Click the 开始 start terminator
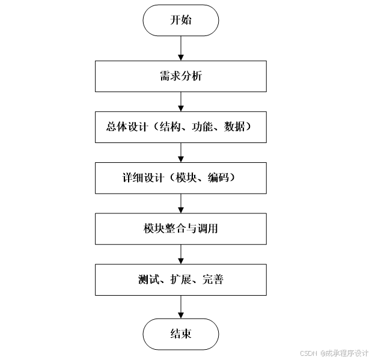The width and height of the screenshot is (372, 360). [x=180, y=20]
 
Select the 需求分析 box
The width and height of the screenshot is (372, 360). [x=180, y=76]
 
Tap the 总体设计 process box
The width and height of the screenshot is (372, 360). [x=180, y=127]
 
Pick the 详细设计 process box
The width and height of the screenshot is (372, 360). [x=180, y=177]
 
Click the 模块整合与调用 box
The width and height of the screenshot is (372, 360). [x=180, y=228]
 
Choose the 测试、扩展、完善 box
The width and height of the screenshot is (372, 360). [x=180, y=279]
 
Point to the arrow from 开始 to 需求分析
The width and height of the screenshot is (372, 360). [x=180, y=48]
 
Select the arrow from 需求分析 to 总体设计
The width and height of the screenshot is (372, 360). [x=180, y=102]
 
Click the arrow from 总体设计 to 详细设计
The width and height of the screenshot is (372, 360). [x=180, y=152]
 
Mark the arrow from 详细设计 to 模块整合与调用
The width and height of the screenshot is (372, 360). [x=180, y=203]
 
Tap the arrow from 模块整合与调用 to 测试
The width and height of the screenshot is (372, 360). [x=180, y=254]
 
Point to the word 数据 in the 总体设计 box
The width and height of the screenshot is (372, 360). [x=234, y=127]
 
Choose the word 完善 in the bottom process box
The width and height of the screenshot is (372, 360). [x=213, y=279]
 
